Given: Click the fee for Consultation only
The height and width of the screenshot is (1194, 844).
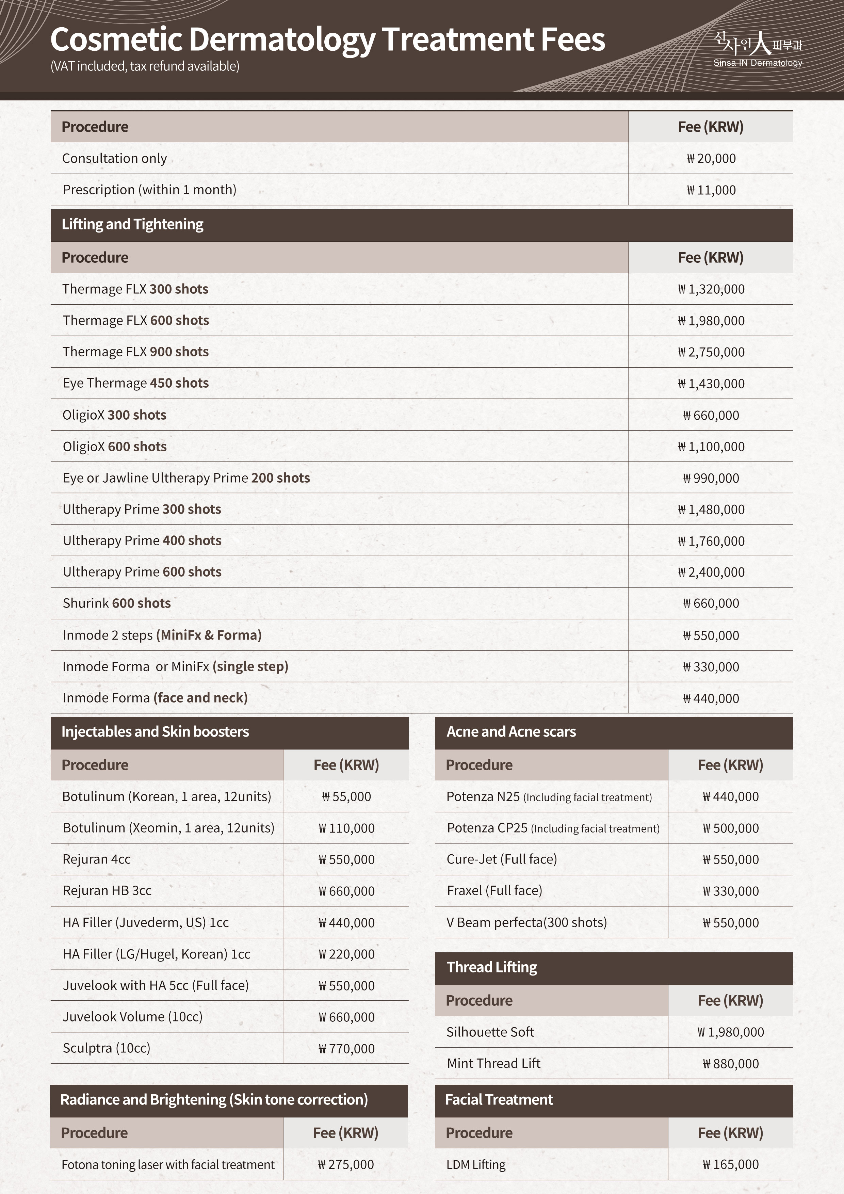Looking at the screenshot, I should pyautogui.click(x=711, y=159).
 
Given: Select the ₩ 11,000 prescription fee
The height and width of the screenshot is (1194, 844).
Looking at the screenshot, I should pyautogui.click(x=711, y=190).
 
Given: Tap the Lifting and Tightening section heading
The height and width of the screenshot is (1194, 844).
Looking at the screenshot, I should pyautogui.click(x=133, y=224).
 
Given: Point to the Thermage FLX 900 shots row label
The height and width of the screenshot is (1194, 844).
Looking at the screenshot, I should pyautogui.click(x=136, y=352).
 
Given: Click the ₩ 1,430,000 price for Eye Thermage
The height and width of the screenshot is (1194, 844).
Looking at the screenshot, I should pyautogui.click(x=711, y=384).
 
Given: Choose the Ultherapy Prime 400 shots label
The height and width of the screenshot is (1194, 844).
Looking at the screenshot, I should pyautogui.click(x=142, y=541).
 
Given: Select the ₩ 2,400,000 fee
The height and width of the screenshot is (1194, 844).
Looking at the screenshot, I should pyautogui.click(x=711, y=572).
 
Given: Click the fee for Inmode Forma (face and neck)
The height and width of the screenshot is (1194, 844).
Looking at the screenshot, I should pyautogui.click(x=711, y=698).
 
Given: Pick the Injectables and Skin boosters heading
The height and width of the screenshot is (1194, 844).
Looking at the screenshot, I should pyautogui.click(x=155, y=732).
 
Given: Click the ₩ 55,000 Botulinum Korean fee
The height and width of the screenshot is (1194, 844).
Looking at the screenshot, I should pyautogui.click(x=346, y=797).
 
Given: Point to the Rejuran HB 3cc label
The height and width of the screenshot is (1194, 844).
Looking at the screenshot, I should pyautogui.click(x=107, y=891).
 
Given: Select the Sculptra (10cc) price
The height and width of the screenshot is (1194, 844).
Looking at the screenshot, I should pyautogui.click(x=346, y=1048).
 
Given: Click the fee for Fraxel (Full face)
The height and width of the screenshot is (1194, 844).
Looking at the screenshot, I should pyautogui.click(x=731, y=891).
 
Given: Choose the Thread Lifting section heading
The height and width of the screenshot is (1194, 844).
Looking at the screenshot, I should pyautogui.click(x=492, y=967).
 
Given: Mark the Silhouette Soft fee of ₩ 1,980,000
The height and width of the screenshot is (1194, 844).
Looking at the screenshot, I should pyautogui.click(x=731, y=1032).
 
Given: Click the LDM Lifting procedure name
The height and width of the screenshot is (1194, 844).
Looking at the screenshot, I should pyautogui.click(x=476, y=1165).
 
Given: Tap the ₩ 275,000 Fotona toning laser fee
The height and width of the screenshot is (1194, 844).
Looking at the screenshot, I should pyautogui.click(x=346, y=1165).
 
